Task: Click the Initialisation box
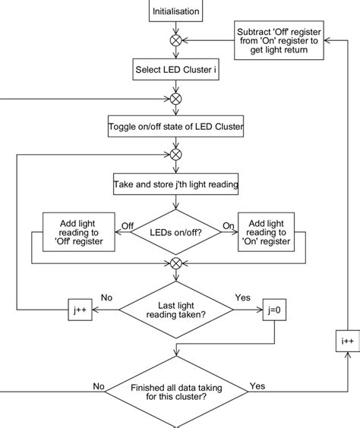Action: (176, 11)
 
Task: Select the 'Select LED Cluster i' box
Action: (176, 70)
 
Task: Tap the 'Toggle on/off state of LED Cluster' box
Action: (176, 127)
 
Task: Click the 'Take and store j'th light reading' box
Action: (176, 184)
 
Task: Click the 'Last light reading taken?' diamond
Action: (176, 309)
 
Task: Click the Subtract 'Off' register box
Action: (279, 40)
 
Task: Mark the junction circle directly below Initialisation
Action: (176, 40)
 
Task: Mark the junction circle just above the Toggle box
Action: (176, 99)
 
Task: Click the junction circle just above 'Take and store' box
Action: (176, 156)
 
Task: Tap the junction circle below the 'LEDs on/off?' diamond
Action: (176, 264)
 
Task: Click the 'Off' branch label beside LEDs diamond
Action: (128, 225)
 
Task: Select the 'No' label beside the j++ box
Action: (107, 298)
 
